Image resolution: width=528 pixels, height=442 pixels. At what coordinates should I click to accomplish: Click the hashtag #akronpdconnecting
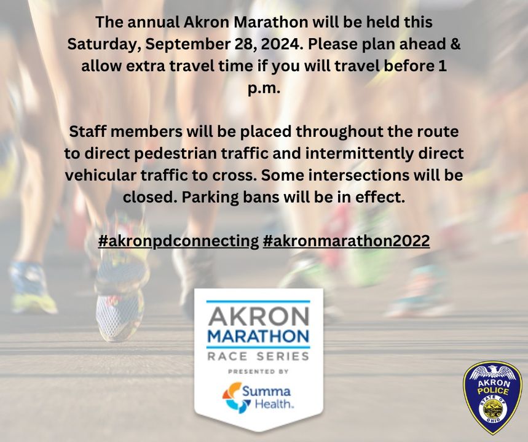[x=178, y=241]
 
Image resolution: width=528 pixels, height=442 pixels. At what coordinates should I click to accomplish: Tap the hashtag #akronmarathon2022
[x=346, y=241]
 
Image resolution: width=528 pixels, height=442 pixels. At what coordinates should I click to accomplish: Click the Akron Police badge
[x=492, y=398]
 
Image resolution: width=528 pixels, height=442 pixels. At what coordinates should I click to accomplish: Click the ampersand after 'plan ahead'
[x=455, y=44]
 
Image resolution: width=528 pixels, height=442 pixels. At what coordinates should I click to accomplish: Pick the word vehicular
[x=100, y=175]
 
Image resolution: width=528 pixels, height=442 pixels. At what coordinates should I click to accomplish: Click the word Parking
[x=208, y=198]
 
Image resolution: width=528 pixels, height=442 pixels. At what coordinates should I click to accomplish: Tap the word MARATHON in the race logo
[x=258, y=336]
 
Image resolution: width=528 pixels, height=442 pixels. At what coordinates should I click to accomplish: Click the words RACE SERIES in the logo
[x=258, y=356]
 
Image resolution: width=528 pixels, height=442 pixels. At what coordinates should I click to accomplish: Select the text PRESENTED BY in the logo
[x=258, y=371]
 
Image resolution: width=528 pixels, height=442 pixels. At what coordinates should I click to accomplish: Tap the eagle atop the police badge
[x=492, y=372]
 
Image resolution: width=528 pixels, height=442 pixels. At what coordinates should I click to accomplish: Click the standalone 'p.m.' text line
[x=264, y=88]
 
